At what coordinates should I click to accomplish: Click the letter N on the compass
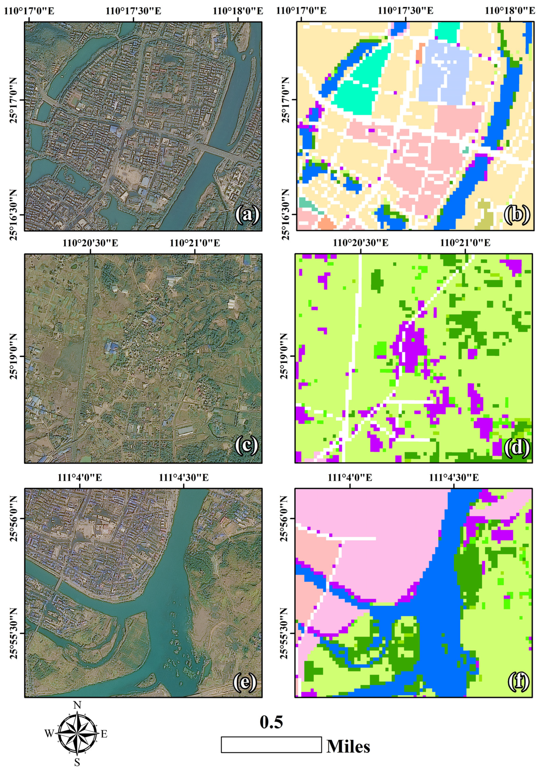[77, 705]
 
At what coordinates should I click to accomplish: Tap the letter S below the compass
[77, 763]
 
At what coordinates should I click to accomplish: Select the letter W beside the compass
[49, 734]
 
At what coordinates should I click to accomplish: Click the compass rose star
[77, 733]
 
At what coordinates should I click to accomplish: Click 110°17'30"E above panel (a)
[133, 11]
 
